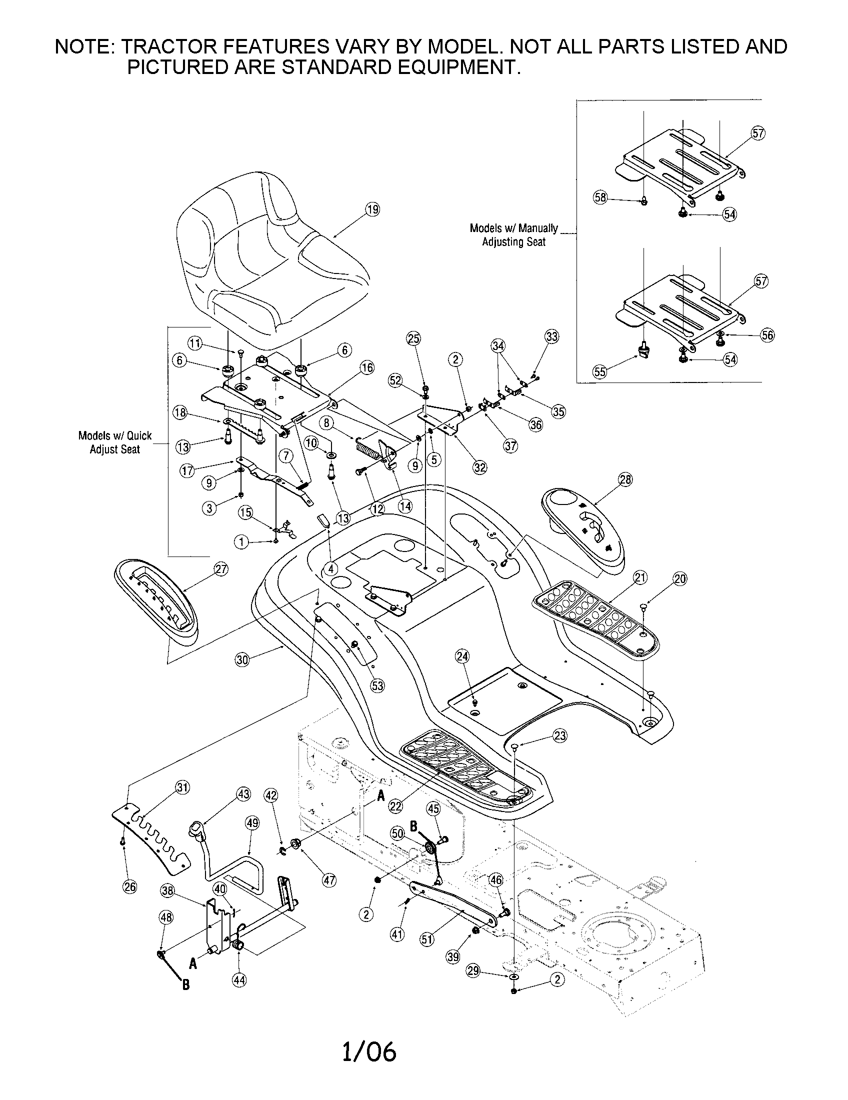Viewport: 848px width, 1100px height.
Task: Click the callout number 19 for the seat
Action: tap(372, 209)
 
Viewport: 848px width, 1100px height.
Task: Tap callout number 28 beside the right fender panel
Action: tap(625, 479)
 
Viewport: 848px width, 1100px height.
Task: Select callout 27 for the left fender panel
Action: tap(221, 569)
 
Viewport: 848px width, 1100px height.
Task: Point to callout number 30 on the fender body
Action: tap(242, 660)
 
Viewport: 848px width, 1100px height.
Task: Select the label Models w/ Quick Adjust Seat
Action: tap(115, 442)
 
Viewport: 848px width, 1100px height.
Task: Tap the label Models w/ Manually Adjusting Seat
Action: tap(513, 234)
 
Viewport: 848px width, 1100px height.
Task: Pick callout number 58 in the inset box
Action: tap(600, 197)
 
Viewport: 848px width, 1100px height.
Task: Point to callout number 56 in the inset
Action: tap(767, 335)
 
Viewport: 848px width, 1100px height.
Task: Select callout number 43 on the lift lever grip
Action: tap(243, 794)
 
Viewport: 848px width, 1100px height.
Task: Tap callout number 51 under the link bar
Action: tap(427, 939)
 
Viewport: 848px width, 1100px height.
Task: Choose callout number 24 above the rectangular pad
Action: tap(462, 656)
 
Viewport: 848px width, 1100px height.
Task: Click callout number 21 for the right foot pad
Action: tap(640, 577)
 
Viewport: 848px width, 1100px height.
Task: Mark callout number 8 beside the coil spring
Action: tap(327, 422)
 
